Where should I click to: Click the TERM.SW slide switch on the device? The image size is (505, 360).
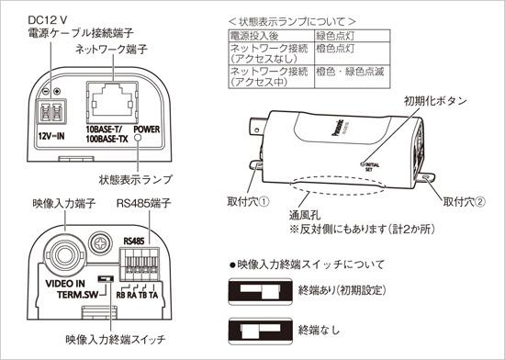pos(106,276)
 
